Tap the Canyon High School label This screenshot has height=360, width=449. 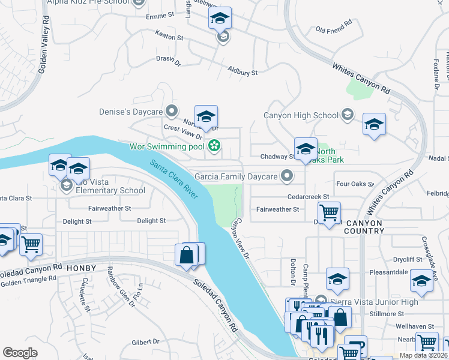(302, 115)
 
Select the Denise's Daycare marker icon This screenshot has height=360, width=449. (172, 111)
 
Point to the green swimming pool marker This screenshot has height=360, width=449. (213, 145)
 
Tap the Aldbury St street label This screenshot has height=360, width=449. (243, 71)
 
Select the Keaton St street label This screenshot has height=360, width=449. (169, 37)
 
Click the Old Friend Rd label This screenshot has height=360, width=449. (333, 29)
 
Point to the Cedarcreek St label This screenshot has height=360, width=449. (309, 196)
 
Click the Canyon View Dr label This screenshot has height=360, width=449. (241, 238)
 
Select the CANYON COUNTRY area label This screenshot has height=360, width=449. (364, 227)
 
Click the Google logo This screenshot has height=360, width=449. (20, 352)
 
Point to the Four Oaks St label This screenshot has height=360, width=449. (355, 184)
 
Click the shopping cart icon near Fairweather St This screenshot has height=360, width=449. (329, 212)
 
